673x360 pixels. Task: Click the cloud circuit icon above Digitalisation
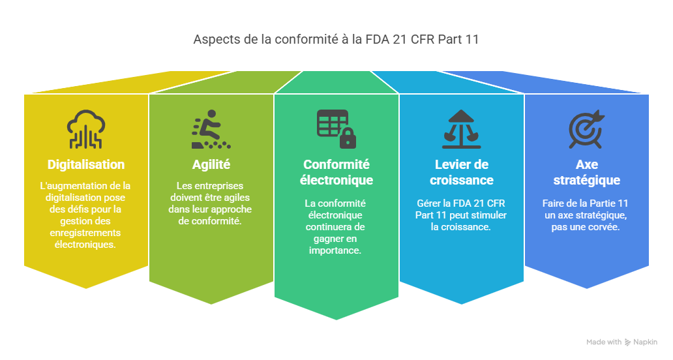[x=85, y=130]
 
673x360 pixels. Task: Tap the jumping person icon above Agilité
[x=211, y=130]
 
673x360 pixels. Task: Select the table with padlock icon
[x=336, y=128]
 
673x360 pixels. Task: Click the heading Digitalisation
[x=85, y=164]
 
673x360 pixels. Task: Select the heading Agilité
[x=211, y=164]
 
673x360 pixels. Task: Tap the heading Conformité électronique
[x=336, y=172]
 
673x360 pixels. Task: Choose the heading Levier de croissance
[x=461, y=172]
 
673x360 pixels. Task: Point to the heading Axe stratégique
[x=586, y=172]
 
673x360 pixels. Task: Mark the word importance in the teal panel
[x=336, y=250]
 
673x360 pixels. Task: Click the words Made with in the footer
[x=603, y=342]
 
